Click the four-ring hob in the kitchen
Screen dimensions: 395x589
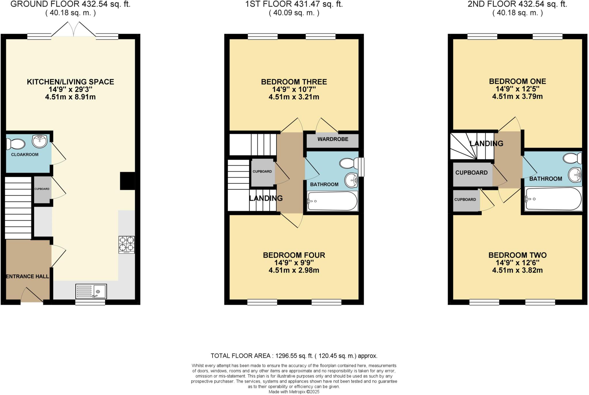pyautogui.click(x=127, y=244)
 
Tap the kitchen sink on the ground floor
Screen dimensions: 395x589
pyautogui.click(x=91, y=291)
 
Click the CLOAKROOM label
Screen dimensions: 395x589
pyautogui.click(x=25, y=155)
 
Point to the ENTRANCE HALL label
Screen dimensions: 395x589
pyautogui.click(x=28, y=276)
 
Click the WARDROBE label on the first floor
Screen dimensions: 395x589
pyautogui.click(x=333, y=139)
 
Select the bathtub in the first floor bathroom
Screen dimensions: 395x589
pyautogui.click(x=332, y=201)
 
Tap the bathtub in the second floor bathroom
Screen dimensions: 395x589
pyautogui.click(x=553, y=199)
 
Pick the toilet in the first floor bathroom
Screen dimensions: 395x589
pyautogui.click(x=349, y=163)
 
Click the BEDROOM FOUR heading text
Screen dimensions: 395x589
pyautogui.click(x=294, y=255)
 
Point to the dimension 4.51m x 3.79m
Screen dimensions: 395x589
pyautogui.click(x=517, y=96)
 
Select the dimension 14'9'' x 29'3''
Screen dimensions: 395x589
pyautogui.click(x=70, y=89)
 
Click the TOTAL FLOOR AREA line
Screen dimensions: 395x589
pyautogui.click(x=294, y=356)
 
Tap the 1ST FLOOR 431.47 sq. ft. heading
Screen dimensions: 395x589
pyautogui.click(x=294, y=4)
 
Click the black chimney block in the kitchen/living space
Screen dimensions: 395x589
pyautogui.click(x=127, y=181)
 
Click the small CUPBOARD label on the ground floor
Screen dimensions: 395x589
pyautogui.click(x=42, y=189)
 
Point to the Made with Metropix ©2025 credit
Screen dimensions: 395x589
pyautogui.click(x=294, y=392)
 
